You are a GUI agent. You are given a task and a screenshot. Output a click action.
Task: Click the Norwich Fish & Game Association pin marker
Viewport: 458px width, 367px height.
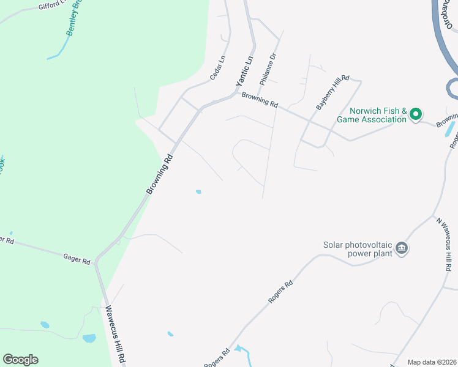tap(416, 114)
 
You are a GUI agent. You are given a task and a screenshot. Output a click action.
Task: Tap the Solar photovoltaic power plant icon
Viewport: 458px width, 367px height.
tap(402, 248)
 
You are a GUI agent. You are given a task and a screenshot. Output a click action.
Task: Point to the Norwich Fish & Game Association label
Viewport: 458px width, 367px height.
tap(378, 115)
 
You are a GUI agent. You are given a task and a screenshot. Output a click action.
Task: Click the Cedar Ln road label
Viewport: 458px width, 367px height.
tap(217, 68)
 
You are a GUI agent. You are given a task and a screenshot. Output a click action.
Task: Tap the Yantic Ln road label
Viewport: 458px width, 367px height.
tap(244, 72)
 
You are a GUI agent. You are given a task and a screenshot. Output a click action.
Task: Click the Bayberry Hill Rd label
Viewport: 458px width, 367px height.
tap(332, 92)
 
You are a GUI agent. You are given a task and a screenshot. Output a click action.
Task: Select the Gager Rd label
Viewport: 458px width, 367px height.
tap(77, 258)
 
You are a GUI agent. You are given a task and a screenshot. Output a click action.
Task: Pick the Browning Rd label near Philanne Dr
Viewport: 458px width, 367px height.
tap(260, 100)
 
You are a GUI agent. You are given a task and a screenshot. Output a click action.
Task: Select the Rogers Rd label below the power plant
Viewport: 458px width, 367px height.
tap(280, 292)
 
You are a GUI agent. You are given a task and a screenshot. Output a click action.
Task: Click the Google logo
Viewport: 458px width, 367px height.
tap(20, 360)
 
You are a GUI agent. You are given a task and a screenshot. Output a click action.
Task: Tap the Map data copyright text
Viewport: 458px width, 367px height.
tap(432, 362)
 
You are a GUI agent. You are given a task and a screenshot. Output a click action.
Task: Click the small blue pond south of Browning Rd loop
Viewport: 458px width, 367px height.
tap(198, 192)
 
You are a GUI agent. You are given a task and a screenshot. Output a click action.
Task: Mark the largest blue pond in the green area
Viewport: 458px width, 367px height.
tap(89, 338)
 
